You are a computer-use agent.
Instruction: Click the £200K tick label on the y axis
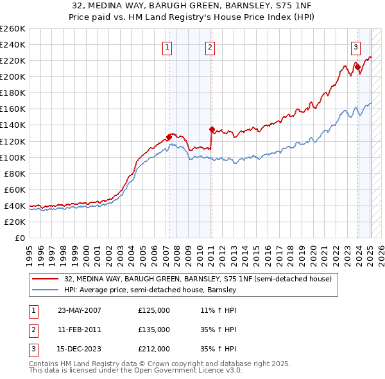click(x=12, y=76)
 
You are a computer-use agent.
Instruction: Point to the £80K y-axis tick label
click(x=14, y=173)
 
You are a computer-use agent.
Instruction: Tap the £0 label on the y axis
click(x=20, y=238)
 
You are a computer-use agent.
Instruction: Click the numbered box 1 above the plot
click(x=167, y=46)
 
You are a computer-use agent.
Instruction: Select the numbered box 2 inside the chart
click(x=210, y=46)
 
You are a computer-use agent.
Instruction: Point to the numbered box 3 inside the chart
click(x=355, y=46)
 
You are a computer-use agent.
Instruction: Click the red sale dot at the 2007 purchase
click(x=169, y=136)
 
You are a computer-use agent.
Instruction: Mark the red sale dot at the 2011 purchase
click(x=212, y=128)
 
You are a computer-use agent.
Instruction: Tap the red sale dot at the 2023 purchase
click(x=357, y=66)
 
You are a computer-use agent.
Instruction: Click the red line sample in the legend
click(x=46, y=279)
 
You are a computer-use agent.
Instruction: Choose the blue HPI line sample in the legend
click(x=46, y=290)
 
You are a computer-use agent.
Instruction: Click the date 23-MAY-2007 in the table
click(x=80, y=310)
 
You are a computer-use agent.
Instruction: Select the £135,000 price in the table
click(x=154, y=330)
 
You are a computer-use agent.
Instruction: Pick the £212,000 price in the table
click(x=154, y=349)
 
